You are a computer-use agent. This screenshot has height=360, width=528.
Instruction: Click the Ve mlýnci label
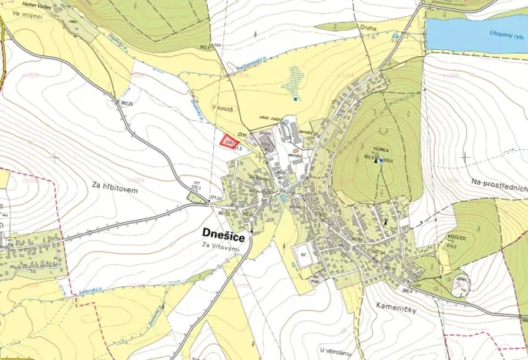(x=28, y=14)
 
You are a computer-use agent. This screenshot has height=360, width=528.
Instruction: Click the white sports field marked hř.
(x=305, y=255)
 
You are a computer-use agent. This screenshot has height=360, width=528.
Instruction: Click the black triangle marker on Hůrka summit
(x=376, y=161)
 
